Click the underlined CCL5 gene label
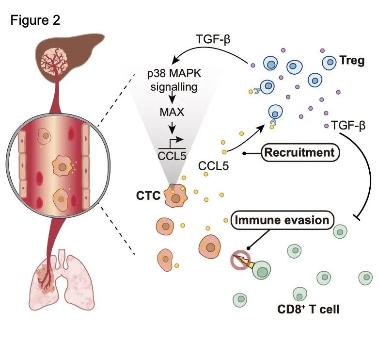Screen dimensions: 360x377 click(172, 155)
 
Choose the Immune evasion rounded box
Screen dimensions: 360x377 click(282, 220)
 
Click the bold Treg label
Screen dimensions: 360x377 click(351, 62)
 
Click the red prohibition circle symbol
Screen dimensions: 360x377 click(239, 260)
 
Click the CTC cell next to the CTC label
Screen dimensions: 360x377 click(175, 196)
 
